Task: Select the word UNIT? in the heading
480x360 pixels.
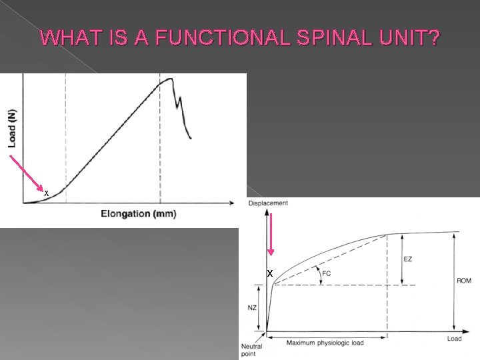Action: [x=407, y=38]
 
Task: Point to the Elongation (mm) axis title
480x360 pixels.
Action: [x=138, y=214]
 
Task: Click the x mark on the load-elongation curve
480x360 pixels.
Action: [x=46, y=193]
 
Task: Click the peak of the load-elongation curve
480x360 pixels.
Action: [x=169, y=79]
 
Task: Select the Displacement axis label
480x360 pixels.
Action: [x=268, y=203]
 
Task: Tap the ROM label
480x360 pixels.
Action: [x=464, y=281]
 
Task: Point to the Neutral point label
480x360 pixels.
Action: [x=252, y=349]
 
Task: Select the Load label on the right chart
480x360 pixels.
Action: [x=454, y=339]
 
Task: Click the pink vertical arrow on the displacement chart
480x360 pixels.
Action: [x=270, y=233]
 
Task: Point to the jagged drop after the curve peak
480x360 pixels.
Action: [x=181, y=110]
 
